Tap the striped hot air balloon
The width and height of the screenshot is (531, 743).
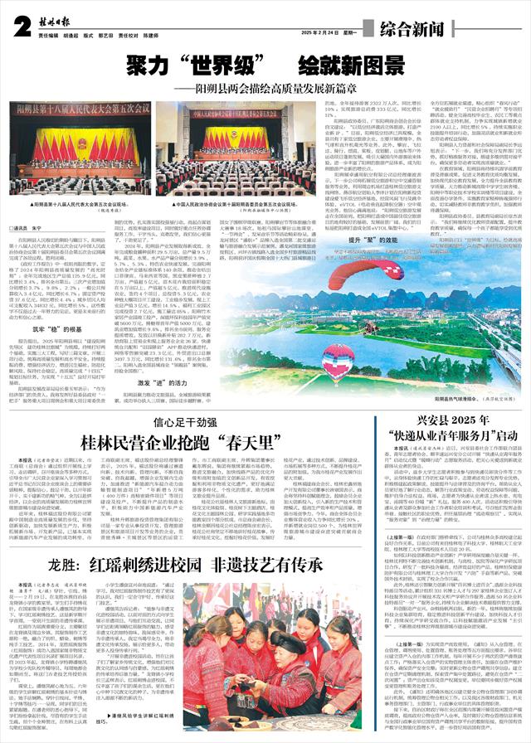pos(338,362)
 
